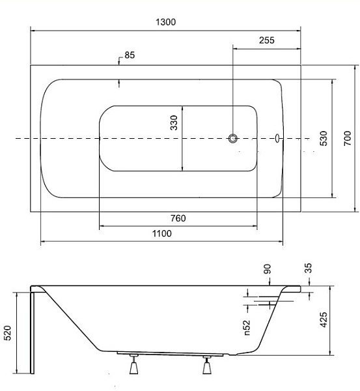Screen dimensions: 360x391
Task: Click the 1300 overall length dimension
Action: [165, 22]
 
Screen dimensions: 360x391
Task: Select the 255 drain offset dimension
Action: [266, 40]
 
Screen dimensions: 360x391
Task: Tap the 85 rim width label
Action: [130, 55]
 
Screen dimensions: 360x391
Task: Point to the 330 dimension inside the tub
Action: [174, 123]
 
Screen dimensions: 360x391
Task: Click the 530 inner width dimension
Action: [324, 138]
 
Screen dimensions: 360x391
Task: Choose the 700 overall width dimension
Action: [347, 138]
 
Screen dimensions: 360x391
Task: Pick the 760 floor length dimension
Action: [178, 218]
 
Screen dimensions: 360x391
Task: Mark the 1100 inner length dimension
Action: [162, 233]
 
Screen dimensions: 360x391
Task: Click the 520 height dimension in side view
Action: [7, 332]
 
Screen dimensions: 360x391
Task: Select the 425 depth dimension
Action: [324, 320]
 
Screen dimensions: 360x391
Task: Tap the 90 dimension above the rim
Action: [267, 268]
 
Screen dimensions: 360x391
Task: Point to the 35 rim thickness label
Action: [308, 268]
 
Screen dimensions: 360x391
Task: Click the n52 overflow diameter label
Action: [247, 328]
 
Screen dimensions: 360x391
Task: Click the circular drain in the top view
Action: [233, 138]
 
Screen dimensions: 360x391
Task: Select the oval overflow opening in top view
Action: [277, 138]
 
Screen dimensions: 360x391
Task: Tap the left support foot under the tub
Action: [134, 364]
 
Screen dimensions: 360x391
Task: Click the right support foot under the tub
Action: [207, 365]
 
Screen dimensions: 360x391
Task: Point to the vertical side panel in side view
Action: [32, 333]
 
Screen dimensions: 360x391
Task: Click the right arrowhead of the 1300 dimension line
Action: [298, 31]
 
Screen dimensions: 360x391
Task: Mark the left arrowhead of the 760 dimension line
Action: [102, 226]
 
